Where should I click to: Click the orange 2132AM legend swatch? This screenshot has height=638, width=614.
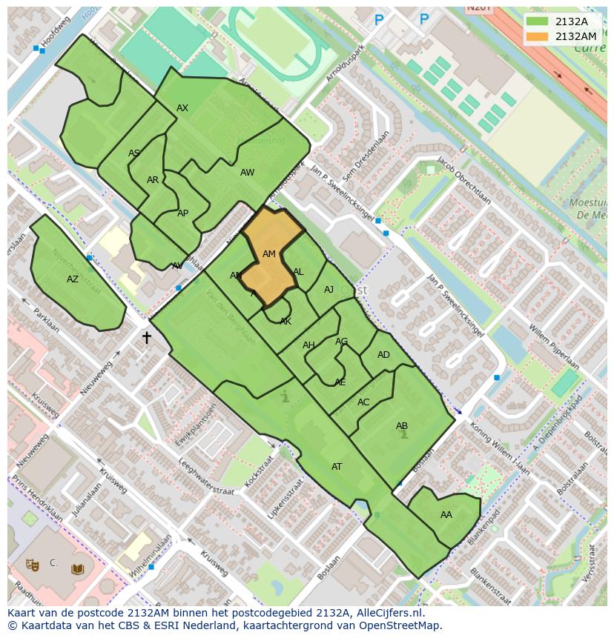538,36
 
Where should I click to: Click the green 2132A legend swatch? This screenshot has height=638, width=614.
538,21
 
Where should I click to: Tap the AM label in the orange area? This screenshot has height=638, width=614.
269,254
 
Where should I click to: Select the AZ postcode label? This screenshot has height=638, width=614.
73,279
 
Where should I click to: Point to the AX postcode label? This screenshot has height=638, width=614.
182,108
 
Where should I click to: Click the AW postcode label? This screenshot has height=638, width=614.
247,173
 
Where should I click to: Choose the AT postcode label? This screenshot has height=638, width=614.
337,467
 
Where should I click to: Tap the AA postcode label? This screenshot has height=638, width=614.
446,515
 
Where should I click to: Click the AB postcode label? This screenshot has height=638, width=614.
402,426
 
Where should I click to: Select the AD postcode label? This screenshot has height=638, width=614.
383,355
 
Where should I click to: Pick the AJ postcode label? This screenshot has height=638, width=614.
329,290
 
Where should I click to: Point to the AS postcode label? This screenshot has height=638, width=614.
134,153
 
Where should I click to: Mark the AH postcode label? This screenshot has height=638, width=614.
308,345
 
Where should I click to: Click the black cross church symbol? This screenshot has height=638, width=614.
146,338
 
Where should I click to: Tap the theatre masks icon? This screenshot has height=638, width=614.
32,565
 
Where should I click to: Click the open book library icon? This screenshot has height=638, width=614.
77,569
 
